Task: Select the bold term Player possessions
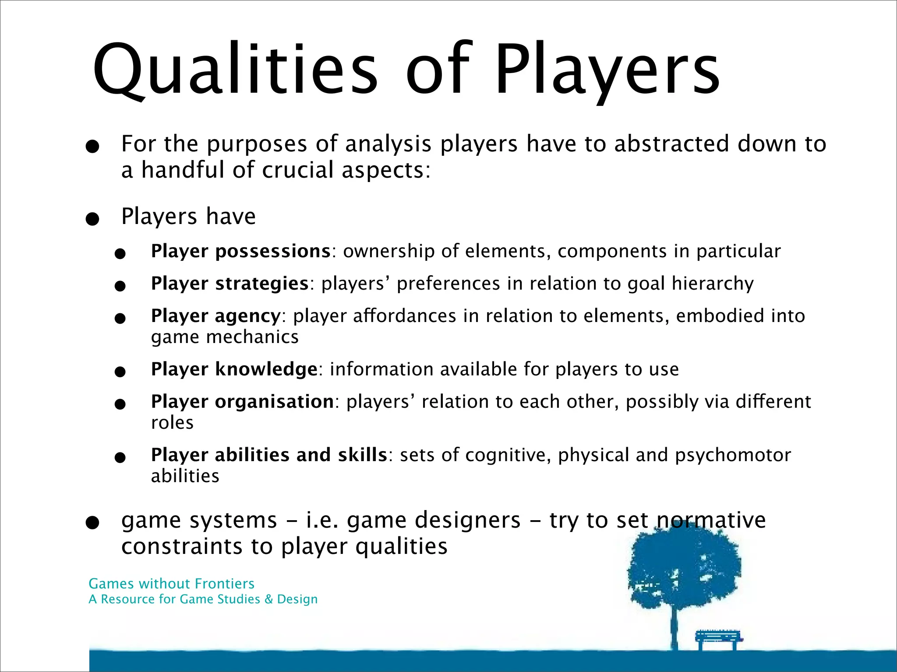(240, 252)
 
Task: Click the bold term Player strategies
(230, 284)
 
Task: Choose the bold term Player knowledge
(234, 370)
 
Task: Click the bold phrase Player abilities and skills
(269, 455)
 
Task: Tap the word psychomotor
(733, 455)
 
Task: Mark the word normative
(711, 521)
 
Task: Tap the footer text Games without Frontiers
(171, 584)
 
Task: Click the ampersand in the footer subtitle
(268, 599)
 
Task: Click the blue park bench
(718, 639)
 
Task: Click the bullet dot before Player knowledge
(120, 372)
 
